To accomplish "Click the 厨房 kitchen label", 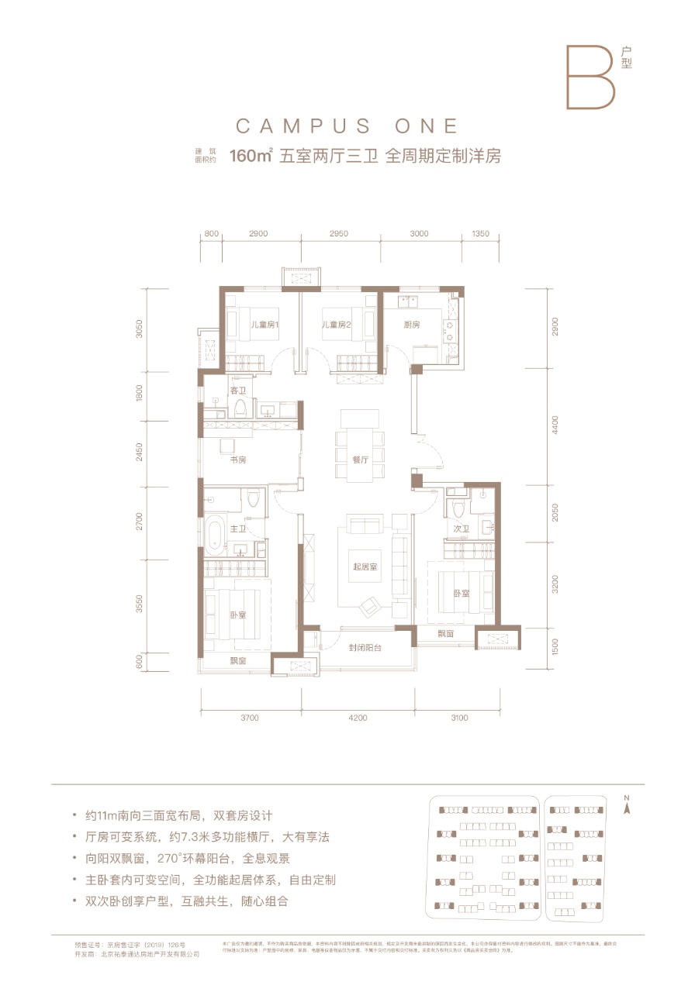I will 412,325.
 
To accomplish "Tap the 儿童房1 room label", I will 264,325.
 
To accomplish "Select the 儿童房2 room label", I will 339,325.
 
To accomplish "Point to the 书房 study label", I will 237,460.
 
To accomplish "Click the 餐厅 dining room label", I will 359,460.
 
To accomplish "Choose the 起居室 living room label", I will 365,567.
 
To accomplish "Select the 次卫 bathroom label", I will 461,529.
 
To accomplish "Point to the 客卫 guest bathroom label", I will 237,390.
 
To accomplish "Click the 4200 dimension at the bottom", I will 358,718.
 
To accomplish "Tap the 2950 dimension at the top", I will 339,233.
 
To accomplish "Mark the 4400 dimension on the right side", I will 555,425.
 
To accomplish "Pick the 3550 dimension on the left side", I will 140,604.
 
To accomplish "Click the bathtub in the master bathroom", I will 215,532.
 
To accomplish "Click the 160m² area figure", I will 250,156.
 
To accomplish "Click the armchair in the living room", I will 371,603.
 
